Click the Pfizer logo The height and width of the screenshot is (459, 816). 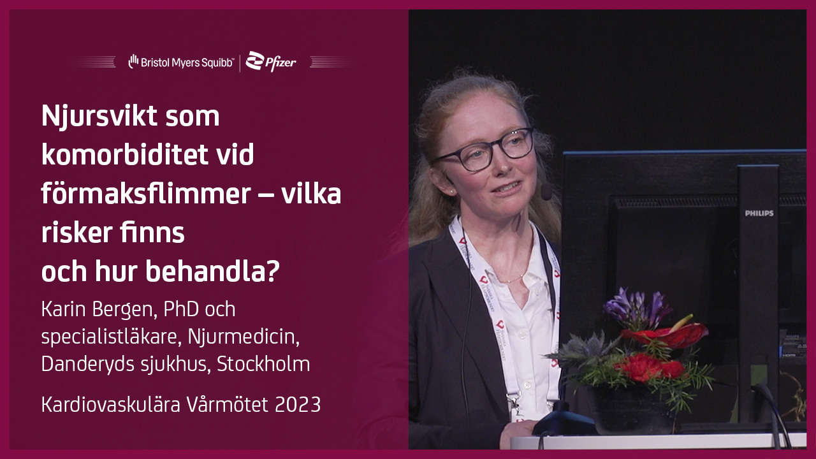pyautogui.click(x=271, y=62)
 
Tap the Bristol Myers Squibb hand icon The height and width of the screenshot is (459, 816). pyautogui.click(x=133, y=61)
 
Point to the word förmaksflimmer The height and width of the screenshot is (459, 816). pyautogui.click(x=146, y=193)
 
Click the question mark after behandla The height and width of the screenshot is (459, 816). pyautogui.click(x=272, y=271)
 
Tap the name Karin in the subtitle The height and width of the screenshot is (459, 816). pyautogui.click(x=64, y=309)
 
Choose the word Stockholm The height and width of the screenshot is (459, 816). pyautogui.click(x=263, y=363)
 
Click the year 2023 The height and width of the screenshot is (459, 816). pyautogui.click(x=298, y=404)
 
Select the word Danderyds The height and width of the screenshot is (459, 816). pyautogui.click(x=88, y=364)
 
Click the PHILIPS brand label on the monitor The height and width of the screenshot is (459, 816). pyautogui.click(x=759, y=213)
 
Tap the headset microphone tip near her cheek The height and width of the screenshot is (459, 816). pyautogui.click(x=546, y=192)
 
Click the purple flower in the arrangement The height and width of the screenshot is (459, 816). pyautogui.click(x=636, y=309)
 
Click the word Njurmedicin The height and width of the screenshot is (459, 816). pyautogui.click(x=244, y=336)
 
